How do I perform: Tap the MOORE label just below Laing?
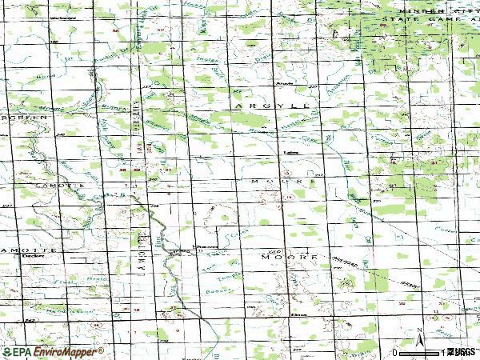(278, 182)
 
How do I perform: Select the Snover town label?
(207, 247)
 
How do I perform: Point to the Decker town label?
(32, 258)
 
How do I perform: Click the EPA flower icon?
(6, 352)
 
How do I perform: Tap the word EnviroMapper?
(65, 352)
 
